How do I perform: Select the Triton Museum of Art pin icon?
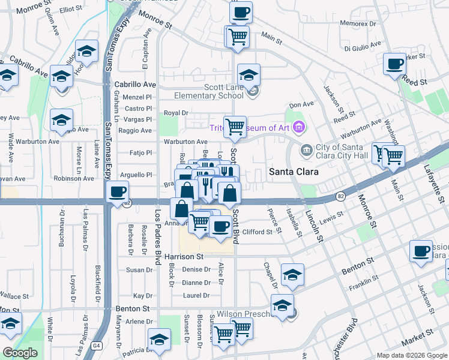300,127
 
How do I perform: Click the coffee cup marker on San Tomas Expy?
117,192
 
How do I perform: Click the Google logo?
20,353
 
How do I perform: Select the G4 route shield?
97,346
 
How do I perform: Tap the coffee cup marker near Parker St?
394,63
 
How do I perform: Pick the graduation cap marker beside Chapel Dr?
292,274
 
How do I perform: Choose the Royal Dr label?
176,113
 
